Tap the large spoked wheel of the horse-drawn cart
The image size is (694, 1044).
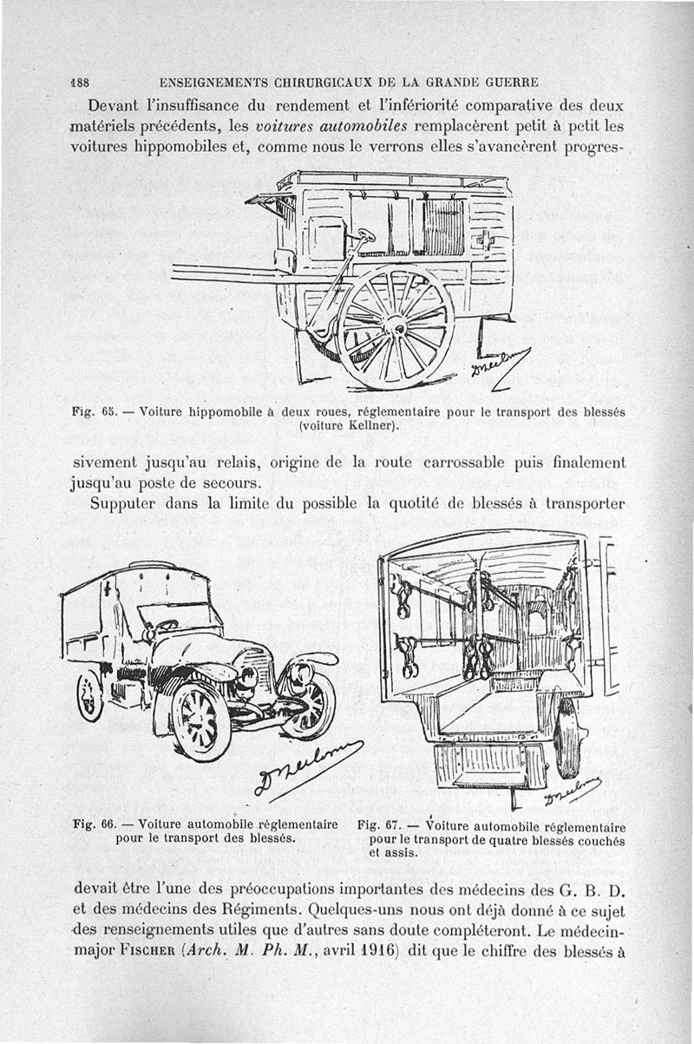point(396,326)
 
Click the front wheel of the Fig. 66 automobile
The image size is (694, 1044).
point(200,721)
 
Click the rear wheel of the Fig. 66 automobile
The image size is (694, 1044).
point(89,695)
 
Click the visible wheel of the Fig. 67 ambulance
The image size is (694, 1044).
point(567,738)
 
